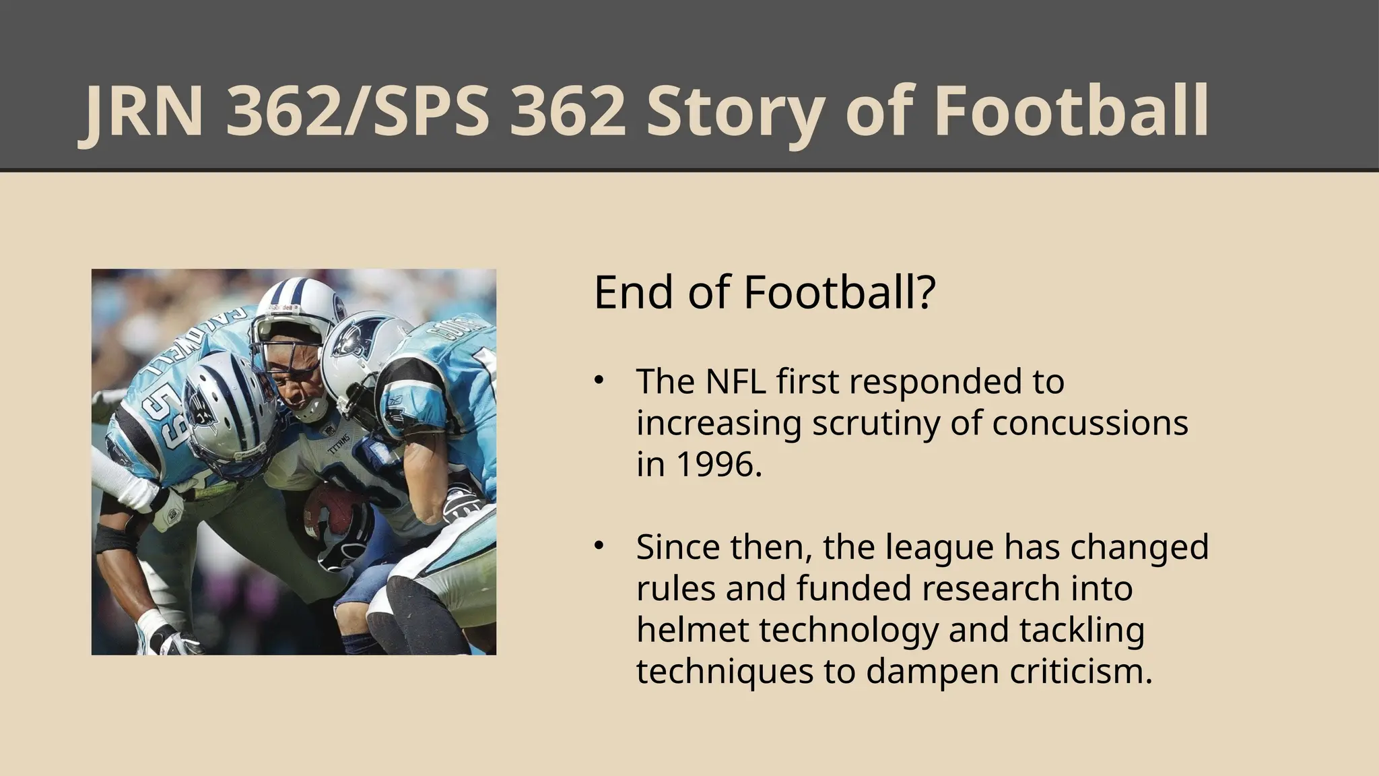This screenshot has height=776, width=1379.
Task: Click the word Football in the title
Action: [x=1071, y=111]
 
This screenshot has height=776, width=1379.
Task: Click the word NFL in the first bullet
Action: [x=736, y=381]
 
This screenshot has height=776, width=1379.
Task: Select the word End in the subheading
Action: [x=633, y=293]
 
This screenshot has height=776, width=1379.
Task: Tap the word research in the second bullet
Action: [x=990, y=588]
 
